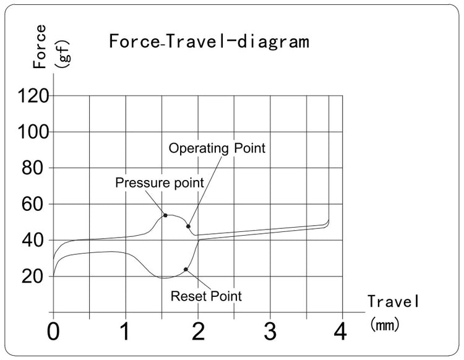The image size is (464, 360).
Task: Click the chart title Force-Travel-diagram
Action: pos(208,42)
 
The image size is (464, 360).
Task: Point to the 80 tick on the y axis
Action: pos(35,168)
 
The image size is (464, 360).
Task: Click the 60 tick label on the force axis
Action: pos(35,204)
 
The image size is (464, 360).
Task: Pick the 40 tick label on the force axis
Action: pos(35,241)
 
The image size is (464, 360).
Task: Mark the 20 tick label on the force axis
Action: pos(35,276)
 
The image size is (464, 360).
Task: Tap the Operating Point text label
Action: pos(217,148)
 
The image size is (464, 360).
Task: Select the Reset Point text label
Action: pos(206,296)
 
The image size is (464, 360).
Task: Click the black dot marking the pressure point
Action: pos(165,215)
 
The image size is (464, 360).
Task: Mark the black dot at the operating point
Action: pos(188,226)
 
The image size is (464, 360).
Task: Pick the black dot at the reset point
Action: pos(186,270)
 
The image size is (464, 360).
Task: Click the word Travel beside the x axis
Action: pos(394,302)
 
